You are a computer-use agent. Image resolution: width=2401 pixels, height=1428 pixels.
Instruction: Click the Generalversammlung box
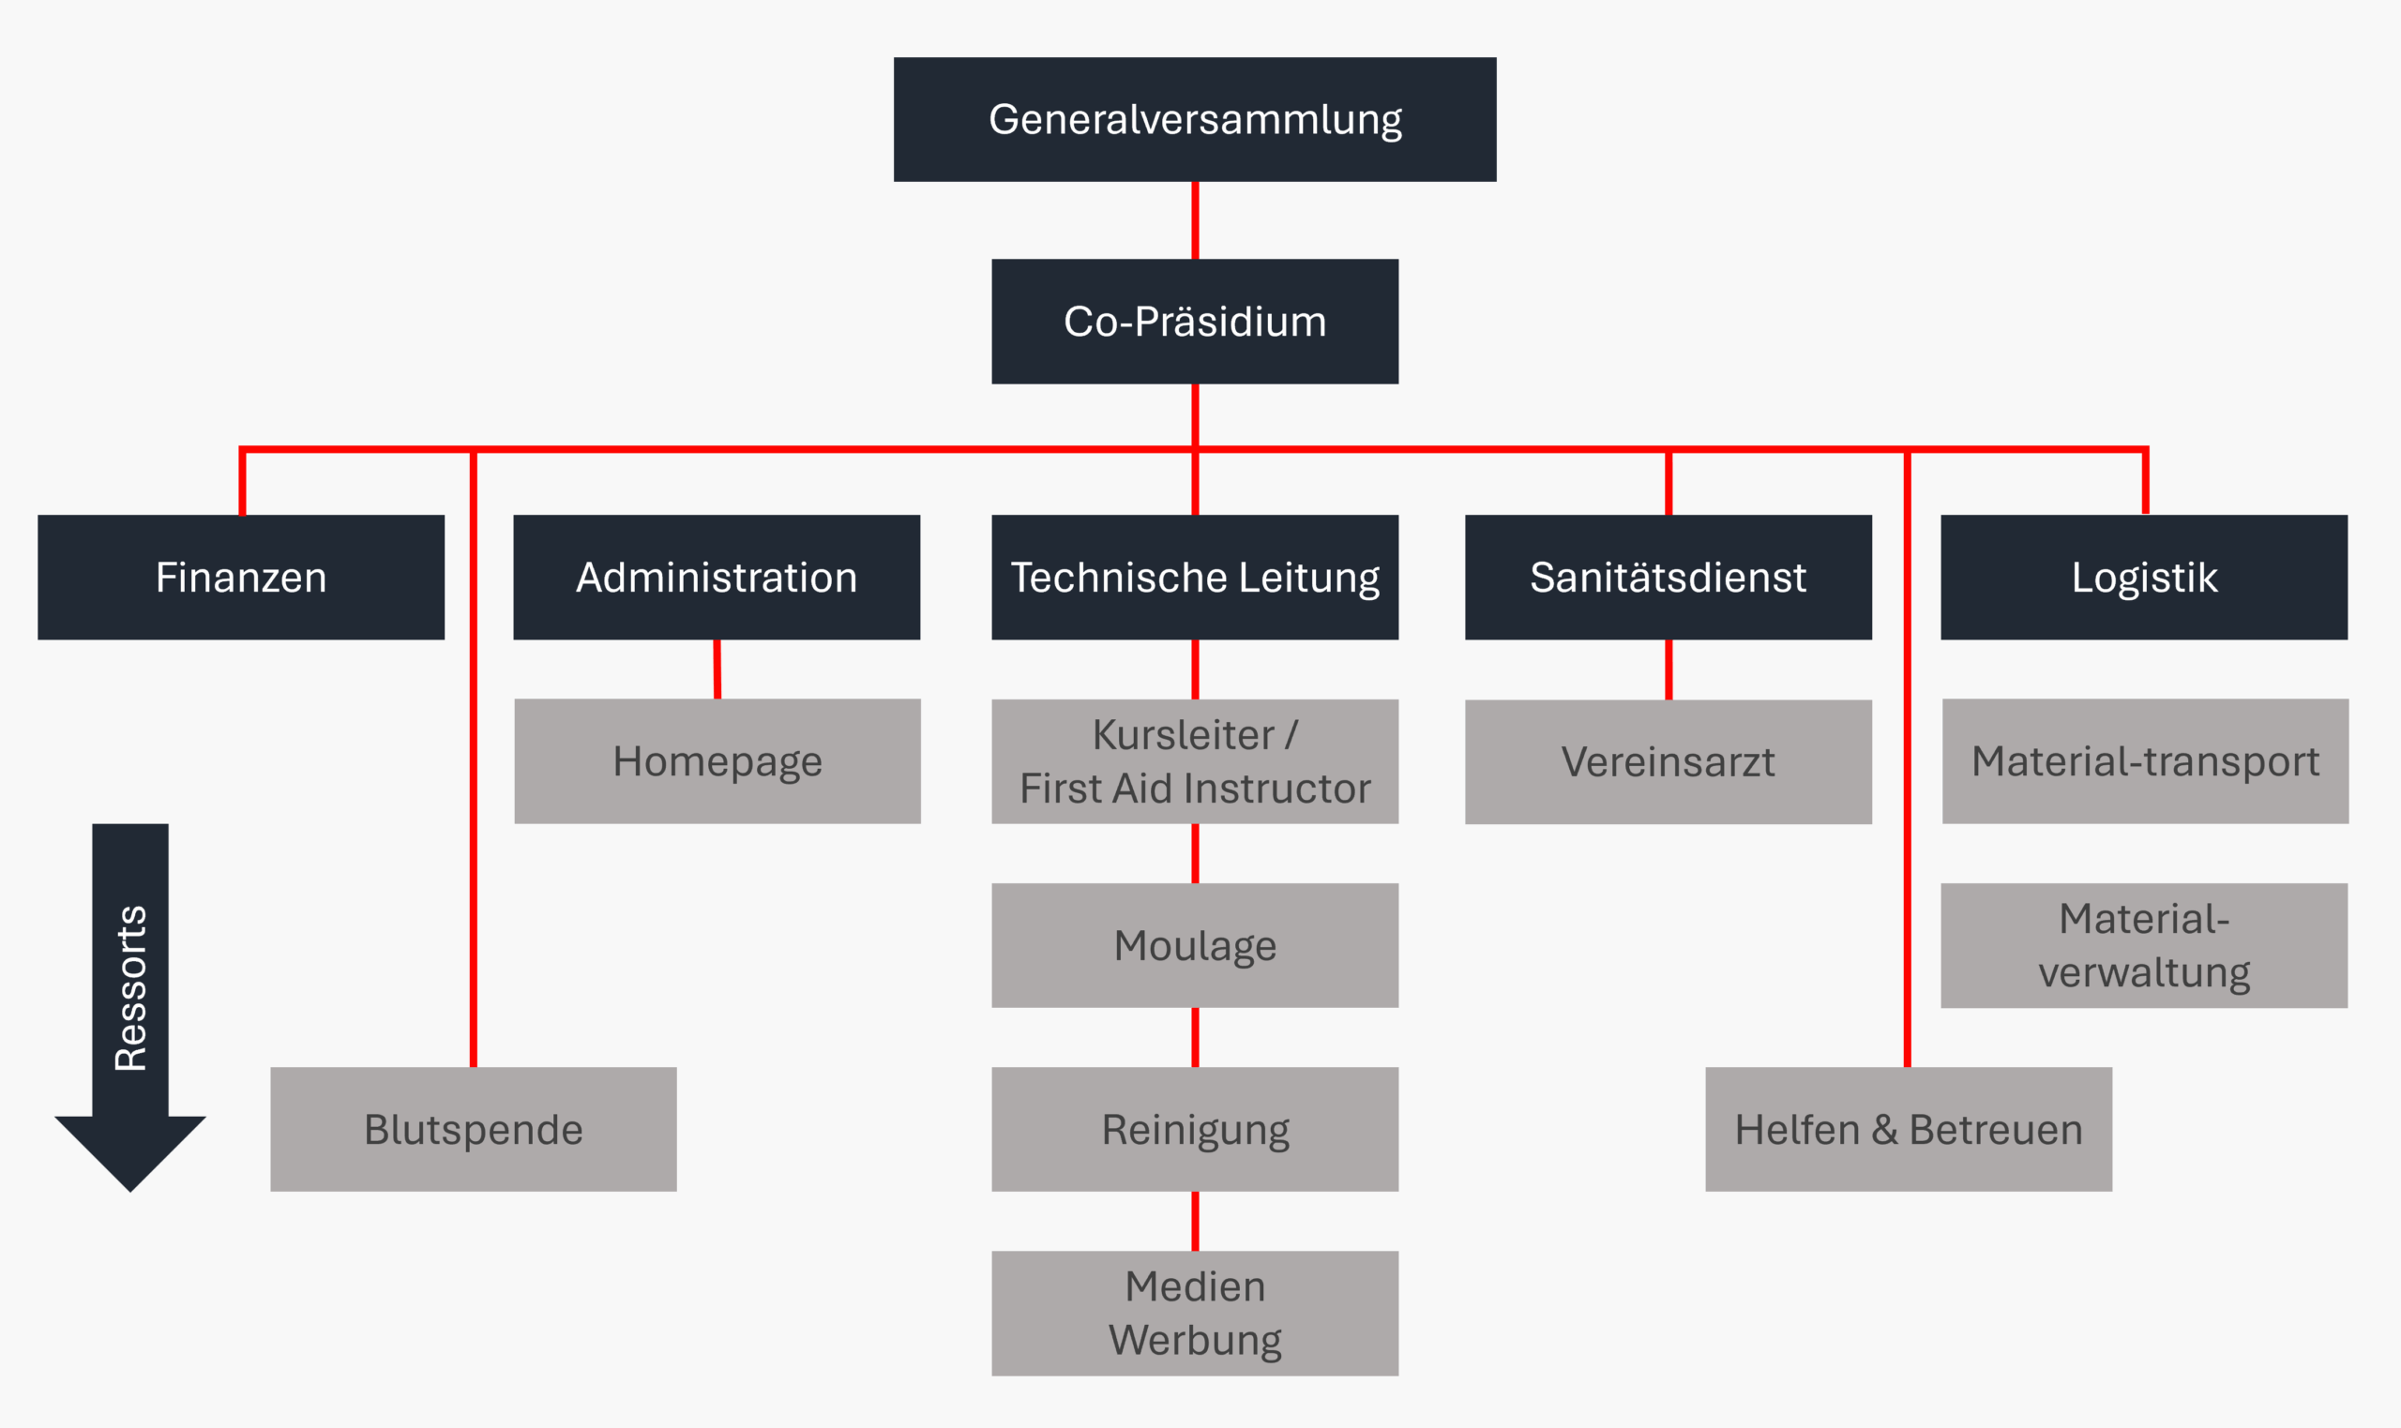point(1194,119)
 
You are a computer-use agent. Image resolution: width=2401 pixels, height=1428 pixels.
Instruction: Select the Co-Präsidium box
point(1194,322)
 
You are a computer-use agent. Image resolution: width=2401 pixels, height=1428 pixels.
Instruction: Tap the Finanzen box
point(241,578)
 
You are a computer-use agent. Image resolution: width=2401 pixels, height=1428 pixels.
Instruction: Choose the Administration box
point(716,578)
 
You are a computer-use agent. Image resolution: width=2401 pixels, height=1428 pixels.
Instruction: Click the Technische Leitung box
point(1194,578)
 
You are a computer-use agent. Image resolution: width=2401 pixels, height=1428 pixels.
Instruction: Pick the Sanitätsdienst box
point(1668,578)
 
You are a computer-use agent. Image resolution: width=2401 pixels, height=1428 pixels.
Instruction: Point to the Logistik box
point(2143,578)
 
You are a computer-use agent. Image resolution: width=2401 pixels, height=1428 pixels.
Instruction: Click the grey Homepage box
point(717,761)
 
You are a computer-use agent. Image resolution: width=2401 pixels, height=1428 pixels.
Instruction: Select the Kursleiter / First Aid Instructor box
point(1194,761)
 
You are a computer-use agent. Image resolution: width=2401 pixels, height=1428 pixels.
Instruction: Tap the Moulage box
point(1194,945)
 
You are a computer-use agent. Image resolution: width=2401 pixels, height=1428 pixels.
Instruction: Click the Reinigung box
point(1194,1129)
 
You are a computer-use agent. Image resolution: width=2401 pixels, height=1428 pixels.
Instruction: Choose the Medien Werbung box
point(1194,1313)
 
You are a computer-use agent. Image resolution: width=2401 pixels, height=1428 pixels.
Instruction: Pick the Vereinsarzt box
point(1668,761)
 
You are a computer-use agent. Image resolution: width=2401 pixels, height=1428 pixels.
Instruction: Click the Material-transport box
point(2145,761)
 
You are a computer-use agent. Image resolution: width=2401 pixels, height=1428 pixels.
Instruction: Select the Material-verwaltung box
point(2143,945)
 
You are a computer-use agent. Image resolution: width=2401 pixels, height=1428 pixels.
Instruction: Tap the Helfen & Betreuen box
point(1909,1129)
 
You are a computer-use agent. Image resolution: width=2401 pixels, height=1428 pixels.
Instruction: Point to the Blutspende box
point(473,1129)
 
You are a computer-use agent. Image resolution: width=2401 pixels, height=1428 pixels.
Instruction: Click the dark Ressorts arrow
point(130,991)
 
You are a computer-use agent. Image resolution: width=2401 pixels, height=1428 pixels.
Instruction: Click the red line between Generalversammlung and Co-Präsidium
point(1194,220)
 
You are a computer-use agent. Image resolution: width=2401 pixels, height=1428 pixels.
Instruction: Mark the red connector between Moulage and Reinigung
point(1194,1037)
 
